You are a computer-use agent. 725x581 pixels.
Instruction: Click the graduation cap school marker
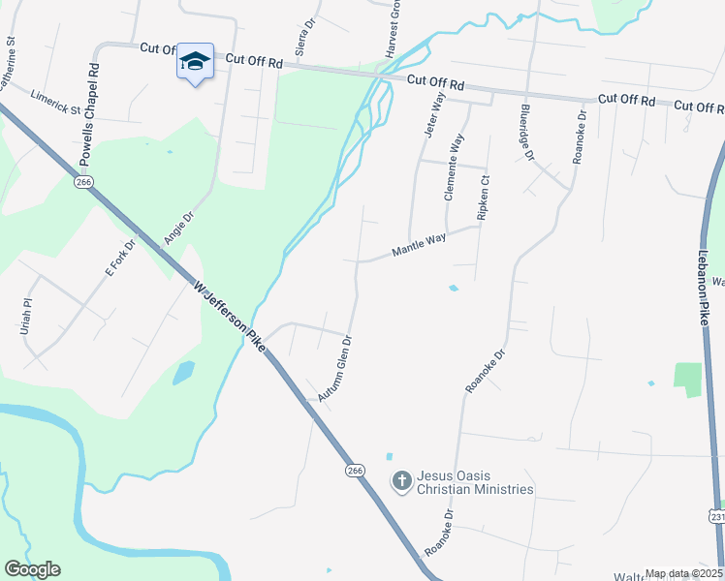pos(195,62)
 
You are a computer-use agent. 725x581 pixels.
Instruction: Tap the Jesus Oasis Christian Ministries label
pos(475,482)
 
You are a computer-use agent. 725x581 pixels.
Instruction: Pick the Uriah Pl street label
pos(26,317)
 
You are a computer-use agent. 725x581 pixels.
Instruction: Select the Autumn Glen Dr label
pos(334,369)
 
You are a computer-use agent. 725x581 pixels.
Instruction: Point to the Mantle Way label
pos(419,244)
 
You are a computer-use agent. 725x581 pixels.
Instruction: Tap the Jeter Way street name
pos(432,114)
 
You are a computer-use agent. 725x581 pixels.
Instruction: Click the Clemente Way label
pos(455,167)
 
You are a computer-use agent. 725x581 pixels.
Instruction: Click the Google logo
pos(32,569)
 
